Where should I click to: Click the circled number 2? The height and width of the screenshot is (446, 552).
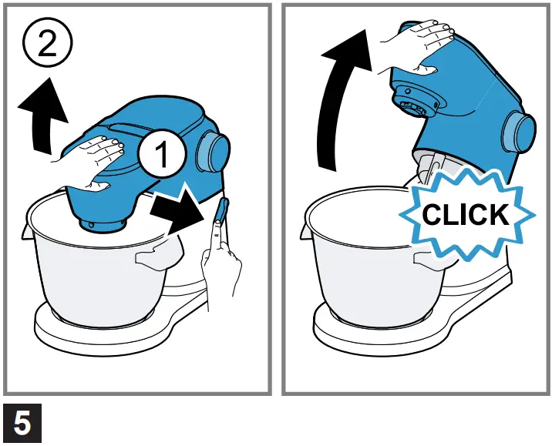[x=46, y=45]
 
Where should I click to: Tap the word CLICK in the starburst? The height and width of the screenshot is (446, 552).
[x=466, y=213]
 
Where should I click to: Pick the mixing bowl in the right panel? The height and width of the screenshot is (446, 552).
[x=362, y=262]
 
